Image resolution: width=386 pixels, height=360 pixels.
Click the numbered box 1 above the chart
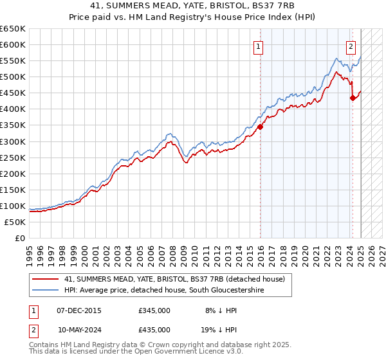pos(257,46)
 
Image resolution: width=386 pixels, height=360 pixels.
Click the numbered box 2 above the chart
pos(351,46)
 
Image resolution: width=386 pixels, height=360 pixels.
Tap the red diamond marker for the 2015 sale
pos(261,127)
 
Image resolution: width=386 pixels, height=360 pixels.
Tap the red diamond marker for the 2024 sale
pos(353,98)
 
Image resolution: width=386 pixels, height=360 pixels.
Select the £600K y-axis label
pos(13,45)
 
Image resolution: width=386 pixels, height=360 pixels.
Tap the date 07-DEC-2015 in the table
pos(78,310)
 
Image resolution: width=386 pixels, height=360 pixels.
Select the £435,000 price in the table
pos(154,328)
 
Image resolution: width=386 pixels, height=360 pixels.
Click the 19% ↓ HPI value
pos(216,328)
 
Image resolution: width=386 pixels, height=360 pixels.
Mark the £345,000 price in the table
pos(154,310)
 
